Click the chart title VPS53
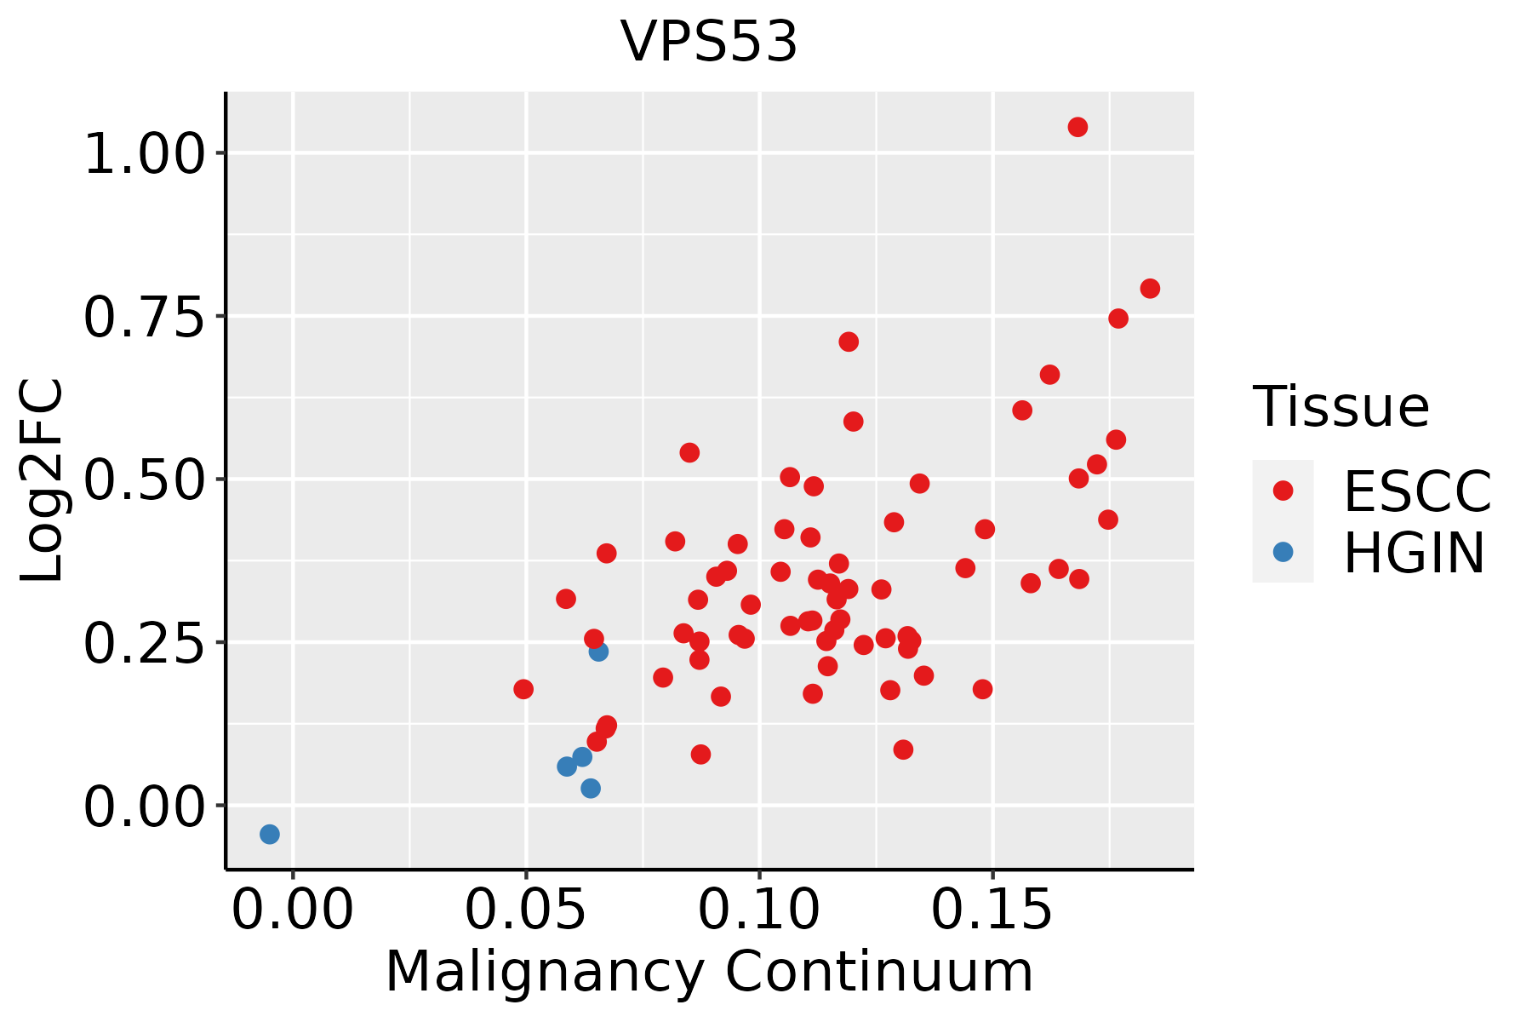point(709,42)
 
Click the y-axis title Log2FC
point(43,481)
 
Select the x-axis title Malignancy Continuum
point(709,972)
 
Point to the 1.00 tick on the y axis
point(145,154)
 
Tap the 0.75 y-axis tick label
point(145,318)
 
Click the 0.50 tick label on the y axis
point(145,480)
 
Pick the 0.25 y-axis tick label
point(145,643)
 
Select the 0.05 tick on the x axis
point(526,910)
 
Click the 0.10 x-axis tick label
point(759,910)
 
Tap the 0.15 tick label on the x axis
point(992,910)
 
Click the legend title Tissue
point(1341,407)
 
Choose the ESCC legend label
point(1417,491)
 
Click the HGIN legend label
point(1414,554)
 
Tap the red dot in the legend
point(1283,491)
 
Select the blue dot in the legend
point(1283,552)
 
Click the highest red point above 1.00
point(1078,127)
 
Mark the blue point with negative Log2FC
point(270,834)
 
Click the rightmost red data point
point(1150,289)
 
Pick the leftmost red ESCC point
point(523,689)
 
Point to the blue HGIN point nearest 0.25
point(598,652)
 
